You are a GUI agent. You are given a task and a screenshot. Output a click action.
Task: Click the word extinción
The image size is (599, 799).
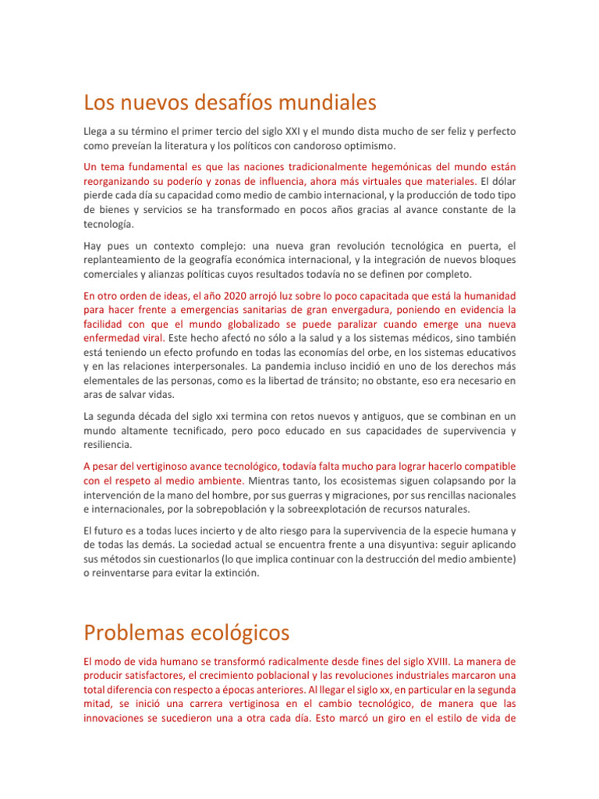tap(281, 573)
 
